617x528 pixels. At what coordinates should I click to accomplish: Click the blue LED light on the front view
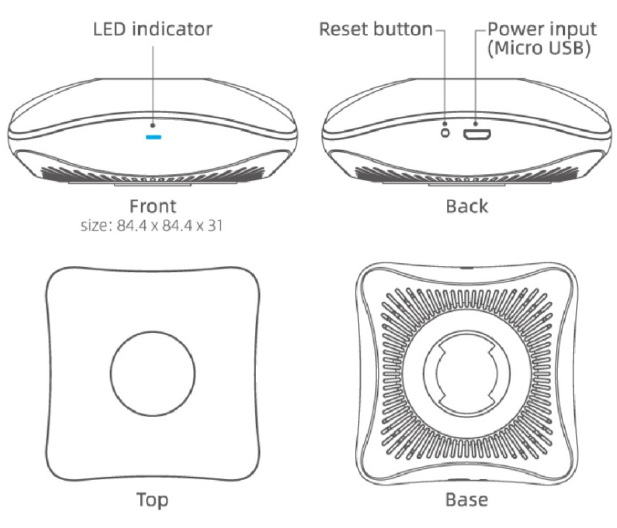click(153, 137)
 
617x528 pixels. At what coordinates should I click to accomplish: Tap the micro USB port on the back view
click(477, 134)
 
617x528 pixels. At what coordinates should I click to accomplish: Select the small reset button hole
click(445, 133)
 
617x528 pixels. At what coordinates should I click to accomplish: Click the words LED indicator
click(153, 29)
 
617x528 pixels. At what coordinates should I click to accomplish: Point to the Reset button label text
click(376, 29)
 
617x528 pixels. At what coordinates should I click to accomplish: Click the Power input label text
click(542, 29)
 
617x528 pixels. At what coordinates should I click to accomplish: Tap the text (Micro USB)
click(539, 48)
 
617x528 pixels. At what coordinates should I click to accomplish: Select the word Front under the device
click(153, 206)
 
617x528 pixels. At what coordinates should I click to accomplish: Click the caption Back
click(467, 206)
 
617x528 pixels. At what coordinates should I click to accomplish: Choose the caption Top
click(152, 500)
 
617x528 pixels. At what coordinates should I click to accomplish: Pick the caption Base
click(467, 500)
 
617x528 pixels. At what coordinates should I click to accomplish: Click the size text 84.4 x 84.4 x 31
click(170, 226)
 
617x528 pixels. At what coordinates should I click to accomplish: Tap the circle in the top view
click(153, 373)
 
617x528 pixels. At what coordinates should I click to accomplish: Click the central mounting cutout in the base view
click(466, 373)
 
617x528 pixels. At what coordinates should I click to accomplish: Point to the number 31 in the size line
click(215, 226)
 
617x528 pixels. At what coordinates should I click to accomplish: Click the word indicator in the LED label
click(172, 29)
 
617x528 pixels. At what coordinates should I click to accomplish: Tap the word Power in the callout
click(515, 29)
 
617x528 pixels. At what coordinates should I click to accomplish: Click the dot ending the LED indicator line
click(153, 125)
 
